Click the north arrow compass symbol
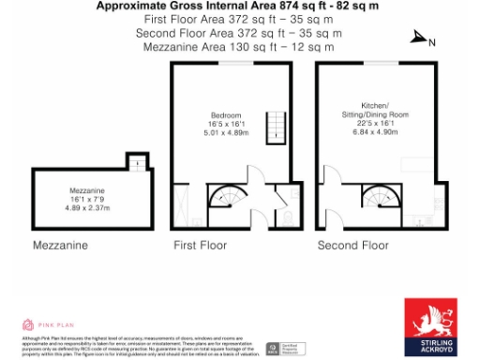pyautogui.click(x=421, y=38)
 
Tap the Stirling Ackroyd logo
pyautogui.click(x=430, y=328)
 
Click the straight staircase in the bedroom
pyautogui.click(x=276, y=127)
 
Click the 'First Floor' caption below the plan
pyautogui.click(x=201, y=246)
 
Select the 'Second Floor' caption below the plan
pyautogui.click(x=352, y=246)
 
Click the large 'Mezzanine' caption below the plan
pyautogui.click(x=60, y=246)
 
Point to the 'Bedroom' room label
pyautogui.click(x=225, y=114)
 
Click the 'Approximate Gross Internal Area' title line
pyautogui.click(x=238, y=7)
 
